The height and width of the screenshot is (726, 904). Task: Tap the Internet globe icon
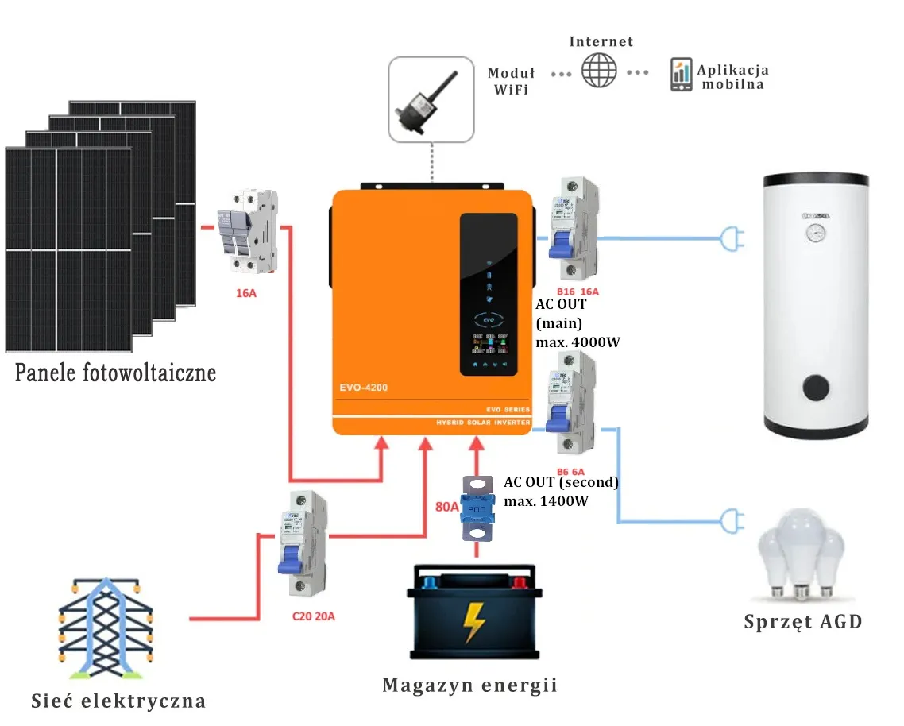click(599, 71)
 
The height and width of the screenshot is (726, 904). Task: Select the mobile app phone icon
click(681, 75)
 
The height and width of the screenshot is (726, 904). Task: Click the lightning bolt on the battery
click(475, 622)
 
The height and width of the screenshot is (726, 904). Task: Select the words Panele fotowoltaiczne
click(115, 372)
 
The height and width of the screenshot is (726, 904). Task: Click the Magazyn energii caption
click(469, 685)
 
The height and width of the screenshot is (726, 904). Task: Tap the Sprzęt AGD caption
click(802, 621)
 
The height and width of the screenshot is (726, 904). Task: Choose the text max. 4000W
click(578, 342)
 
